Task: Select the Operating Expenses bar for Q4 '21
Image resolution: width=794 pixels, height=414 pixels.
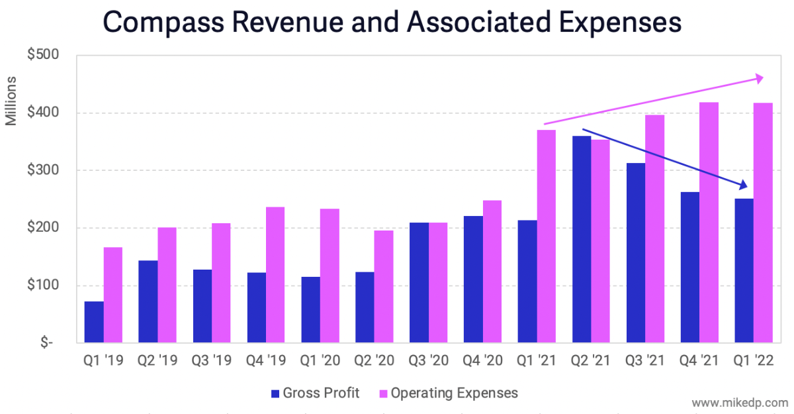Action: [x=709, y=223]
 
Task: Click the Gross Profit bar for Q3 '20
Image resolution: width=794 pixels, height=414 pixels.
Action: [x=419, y=283]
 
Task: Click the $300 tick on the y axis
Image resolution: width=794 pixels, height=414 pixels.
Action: [x=45, y=170]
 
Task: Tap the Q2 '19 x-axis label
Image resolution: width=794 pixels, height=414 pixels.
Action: [x=157, y=362]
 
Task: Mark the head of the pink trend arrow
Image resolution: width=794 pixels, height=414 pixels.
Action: [x=759, y=78]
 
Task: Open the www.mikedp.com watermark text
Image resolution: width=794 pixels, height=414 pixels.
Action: [x=740, y=403]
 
